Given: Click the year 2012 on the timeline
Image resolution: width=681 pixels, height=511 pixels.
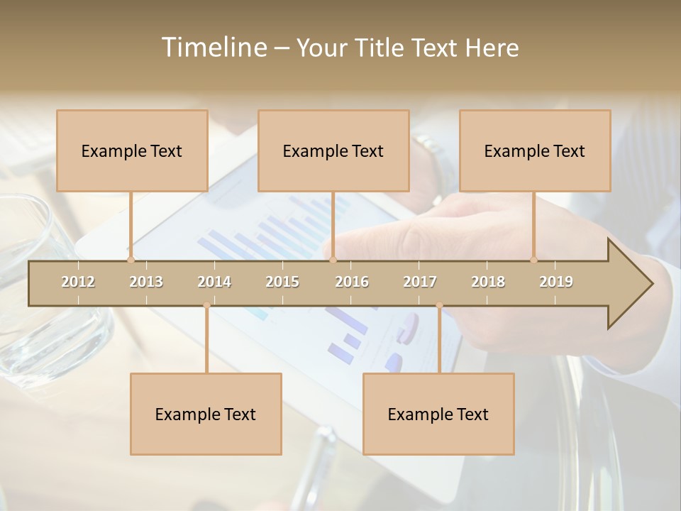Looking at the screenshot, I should (78, 282).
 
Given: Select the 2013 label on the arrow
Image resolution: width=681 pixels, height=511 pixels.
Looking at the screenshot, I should (146, 282).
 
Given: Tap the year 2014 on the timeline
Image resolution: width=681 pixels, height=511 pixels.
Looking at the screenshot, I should (214, 282).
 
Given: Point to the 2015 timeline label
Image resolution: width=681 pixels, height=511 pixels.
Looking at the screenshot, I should (282, 282).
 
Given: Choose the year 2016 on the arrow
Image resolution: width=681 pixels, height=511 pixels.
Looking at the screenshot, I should (352, 282).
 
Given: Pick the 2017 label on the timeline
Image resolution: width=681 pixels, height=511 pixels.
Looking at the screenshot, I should (420, 282).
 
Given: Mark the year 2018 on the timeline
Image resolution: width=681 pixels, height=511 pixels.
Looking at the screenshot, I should (488, 282).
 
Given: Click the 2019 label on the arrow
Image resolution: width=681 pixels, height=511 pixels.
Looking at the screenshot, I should (556, 282).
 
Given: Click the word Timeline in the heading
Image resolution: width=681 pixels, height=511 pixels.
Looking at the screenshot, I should (213, 48).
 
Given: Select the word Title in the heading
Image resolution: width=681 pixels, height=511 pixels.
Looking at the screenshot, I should (381, 48).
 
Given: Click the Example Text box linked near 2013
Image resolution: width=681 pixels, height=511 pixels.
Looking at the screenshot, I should (132, 150).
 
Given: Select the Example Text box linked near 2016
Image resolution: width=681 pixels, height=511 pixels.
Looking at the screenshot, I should (333, 150).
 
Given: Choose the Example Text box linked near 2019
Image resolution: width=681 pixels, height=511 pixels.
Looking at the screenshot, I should (535, 150).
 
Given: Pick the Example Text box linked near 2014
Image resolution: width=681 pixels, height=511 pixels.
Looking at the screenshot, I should (206, 414).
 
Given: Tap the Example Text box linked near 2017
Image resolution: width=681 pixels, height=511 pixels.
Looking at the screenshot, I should (438, 414).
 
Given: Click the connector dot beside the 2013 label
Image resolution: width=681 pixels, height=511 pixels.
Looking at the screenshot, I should (131, 260).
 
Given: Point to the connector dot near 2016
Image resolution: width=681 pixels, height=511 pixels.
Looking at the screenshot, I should (333, 260).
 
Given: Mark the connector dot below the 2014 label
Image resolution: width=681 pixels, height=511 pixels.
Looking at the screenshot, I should (206, 306).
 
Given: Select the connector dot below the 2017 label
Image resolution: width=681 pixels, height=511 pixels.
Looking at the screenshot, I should (439, 306).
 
